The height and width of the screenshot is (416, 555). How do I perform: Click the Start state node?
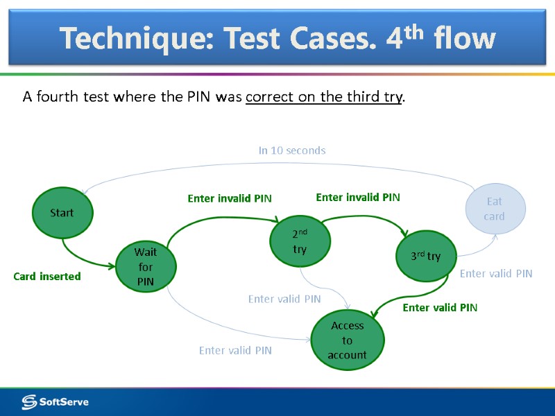click(x=62, y=212)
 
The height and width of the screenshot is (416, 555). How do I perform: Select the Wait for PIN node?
click(x=146, y=267)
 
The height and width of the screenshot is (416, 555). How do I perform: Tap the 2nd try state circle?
click(x=300, y=241)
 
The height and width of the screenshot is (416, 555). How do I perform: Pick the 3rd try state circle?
click(x=425, y=256)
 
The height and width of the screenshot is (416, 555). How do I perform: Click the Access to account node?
click(x=347, y=340)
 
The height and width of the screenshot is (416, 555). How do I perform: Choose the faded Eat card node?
click(x=494, y=209)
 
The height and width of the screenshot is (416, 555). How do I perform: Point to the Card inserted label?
click(x=47, y=277)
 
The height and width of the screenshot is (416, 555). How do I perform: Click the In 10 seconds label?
click(x=291, y=150)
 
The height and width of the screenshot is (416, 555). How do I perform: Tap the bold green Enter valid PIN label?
click(x=440, y=308)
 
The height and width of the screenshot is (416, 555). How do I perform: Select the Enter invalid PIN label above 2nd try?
click(x=230, y=199)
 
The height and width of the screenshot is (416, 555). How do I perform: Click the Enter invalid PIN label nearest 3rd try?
click(x=358, y=198)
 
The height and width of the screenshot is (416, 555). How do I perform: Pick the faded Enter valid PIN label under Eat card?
click(x=496, y=274)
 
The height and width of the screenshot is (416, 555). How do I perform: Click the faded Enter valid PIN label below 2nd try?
click(x=284, y=300)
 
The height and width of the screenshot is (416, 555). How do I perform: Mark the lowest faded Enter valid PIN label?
click(x=235, y=351)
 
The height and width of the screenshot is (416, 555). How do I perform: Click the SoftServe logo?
click(x=55, y=401)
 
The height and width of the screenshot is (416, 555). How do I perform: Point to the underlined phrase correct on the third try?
click(x=324, y=96)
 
